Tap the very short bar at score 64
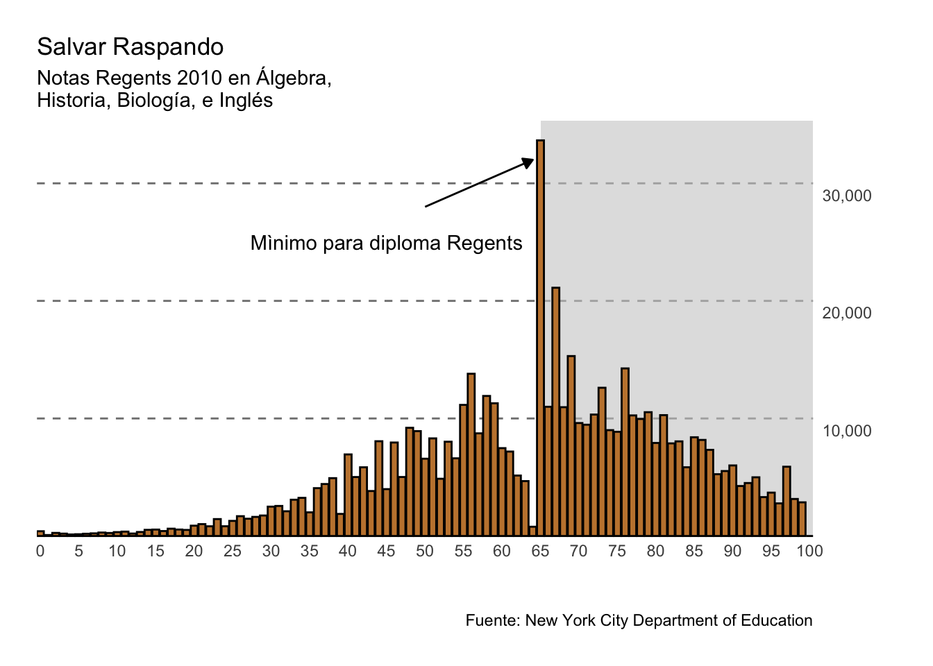pyautogui.click(x=532, y=531)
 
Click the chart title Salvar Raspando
pyautogui.click(x=131, y=47)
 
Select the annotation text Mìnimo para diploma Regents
pyautogui.click(x=386, y=244)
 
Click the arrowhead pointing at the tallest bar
pyautogui.click(x=529, y=162)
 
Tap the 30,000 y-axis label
pyautogui.click(x=846, y=196)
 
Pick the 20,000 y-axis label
pyautogui.click(x=846, y=314)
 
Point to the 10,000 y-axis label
pyautogui.click(x=846, y=432)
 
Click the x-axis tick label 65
pyautogui.click(x=540, y=552)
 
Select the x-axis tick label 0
pyautogui.click(x=40, y=552)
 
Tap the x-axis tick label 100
pyautogui.click(x=809, y=552)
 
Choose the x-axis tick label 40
pyautogui.click(x=348, y=552)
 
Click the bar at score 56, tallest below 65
pyautogui.click(x=471, y=454)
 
